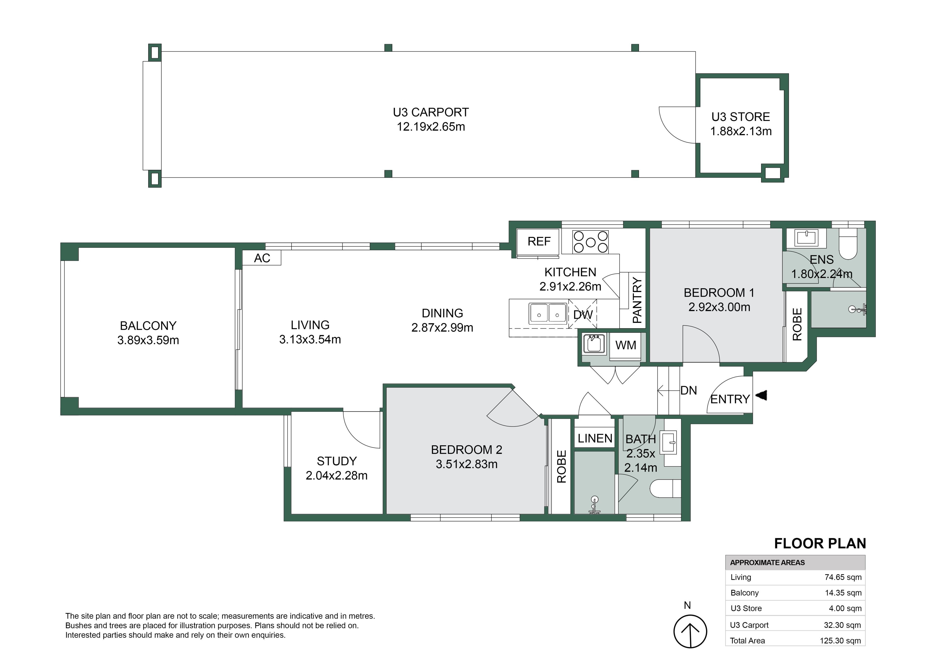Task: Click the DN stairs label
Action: (689, 391)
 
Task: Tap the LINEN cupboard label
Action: (595, 438)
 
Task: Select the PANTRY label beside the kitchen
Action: (637, 300)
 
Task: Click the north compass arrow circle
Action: (690, 631)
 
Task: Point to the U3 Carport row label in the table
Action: (749, 625)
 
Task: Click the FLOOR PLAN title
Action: (820, 543)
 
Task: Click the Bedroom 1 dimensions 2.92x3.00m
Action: (719, 307)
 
